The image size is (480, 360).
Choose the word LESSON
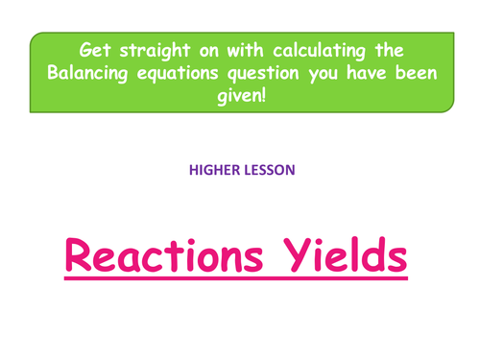[268, 170]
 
